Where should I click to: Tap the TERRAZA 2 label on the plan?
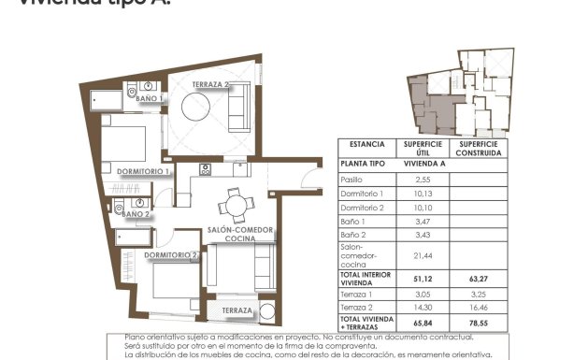pos(211,85)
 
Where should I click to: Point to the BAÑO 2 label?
pos(136,214)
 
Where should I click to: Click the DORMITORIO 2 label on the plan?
pos(172,254)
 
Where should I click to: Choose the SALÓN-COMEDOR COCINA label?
pos(239,234)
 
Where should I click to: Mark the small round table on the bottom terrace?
pos(267,311)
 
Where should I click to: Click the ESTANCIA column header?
pos(366,145)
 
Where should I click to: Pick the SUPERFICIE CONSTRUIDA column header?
pos(480,148)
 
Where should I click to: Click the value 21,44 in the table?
pos(423,254)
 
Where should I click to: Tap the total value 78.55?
pos(480,324)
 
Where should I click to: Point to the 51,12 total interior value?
pos(423,278)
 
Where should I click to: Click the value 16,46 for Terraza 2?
pos(480,306)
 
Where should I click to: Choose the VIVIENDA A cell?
pos(423,162)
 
